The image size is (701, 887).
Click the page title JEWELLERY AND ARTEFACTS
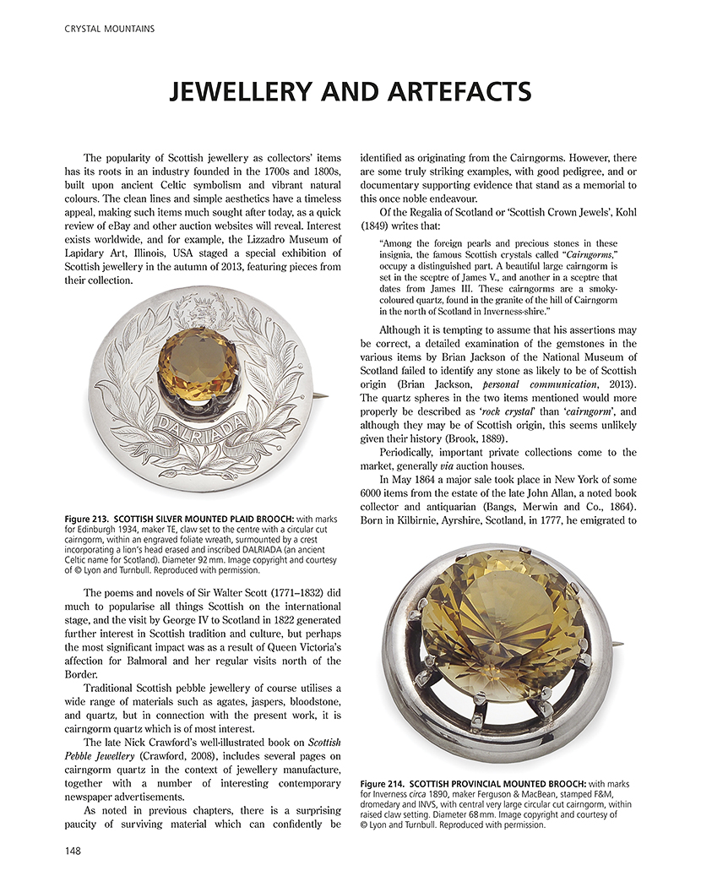pyautogui.click(x=350, y=91)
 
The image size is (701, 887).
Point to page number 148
pyautogui.click(x=73, y=852)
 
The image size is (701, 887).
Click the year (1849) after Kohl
pyautogui.click(x=378, y=226)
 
